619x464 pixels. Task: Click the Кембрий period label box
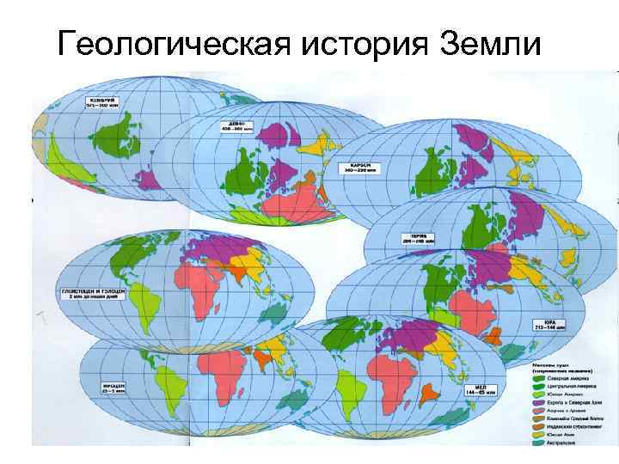[x=101, y=103]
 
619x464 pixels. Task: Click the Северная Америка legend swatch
[x=536, y=376]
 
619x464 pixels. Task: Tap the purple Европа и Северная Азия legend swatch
[x=536, y=401]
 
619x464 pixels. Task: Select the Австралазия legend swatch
[x=536, y=444]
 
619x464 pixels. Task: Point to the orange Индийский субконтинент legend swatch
[x=536, y=427]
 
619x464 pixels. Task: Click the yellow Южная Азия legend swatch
[x=536, y=436]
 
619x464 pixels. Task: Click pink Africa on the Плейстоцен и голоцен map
[x=200, y=288]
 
